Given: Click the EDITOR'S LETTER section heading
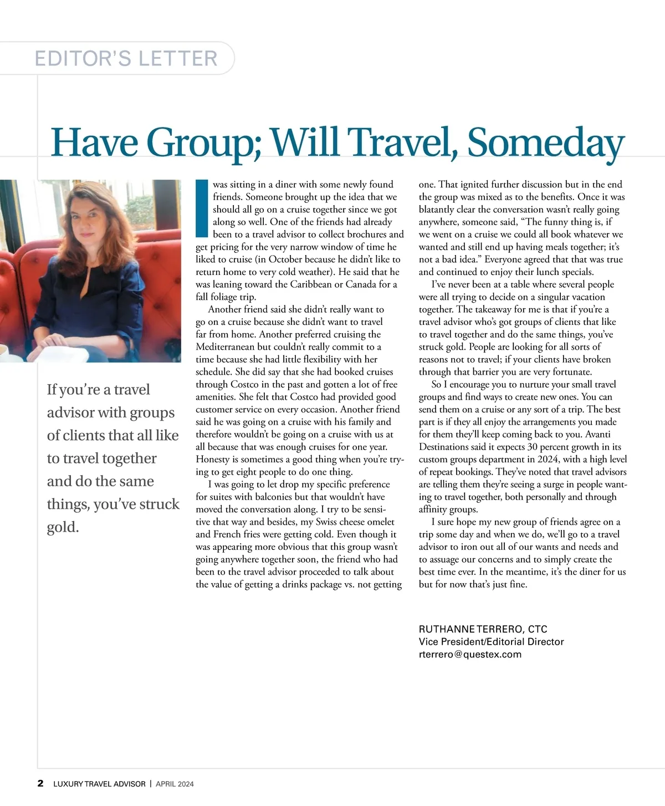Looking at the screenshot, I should pos(126,58).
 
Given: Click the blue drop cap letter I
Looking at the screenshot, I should pos(201,208).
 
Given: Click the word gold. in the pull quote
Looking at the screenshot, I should pos(63,527).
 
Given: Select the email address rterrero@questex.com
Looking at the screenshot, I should pos(470,654).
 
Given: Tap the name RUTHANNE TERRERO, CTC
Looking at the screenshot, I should pos(483,629).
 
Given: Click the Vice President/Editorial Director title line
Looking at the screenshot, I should pos(491,641).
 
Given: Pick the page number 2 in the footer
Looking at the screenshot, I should pos(40,783).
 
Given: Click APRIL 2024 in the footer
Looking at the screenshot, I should pos(175,784).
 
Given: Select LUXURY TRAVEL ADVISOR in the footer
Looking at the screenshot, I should pos(99,784).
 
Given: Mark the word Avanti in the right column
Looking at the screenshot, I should pos(602,434).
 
